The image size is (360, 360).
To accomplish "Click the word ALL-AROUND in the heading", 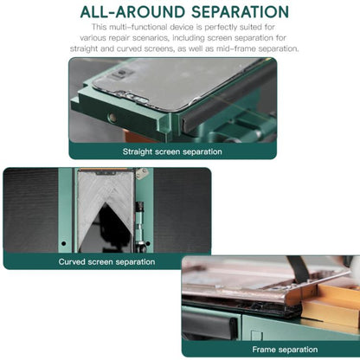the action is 133,12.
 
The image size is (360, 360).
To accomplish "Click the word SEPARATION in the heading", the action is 240,12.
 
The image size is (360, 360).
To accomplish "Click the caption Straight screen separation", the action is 172,151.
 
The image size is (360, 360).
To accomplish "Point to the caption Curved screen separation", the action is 106,262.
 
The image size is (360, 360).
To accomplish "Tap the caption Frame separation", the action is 285,350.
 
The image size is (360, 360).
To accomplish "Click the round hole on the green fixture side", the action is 112,117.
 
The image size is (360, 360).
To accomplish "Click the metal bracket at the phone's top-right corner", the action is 142,173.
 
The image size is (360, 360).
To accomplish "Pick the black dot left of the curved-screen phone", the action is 64,243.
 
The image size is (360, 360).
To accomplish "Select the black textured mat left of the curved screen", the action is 31,210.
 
